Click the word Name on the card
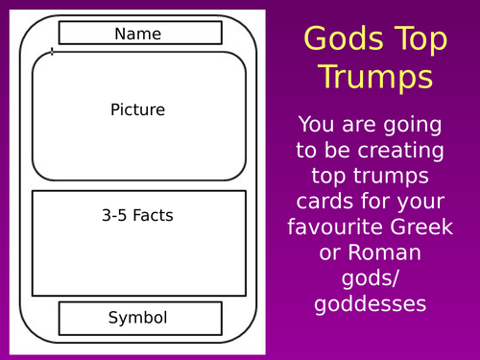[138, 34]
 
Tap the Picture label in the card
[138, 109]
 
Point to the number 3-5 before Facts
[117, 215]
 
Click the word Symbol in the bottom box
[138, 318]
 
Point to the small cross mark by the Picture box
[51, 52]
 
